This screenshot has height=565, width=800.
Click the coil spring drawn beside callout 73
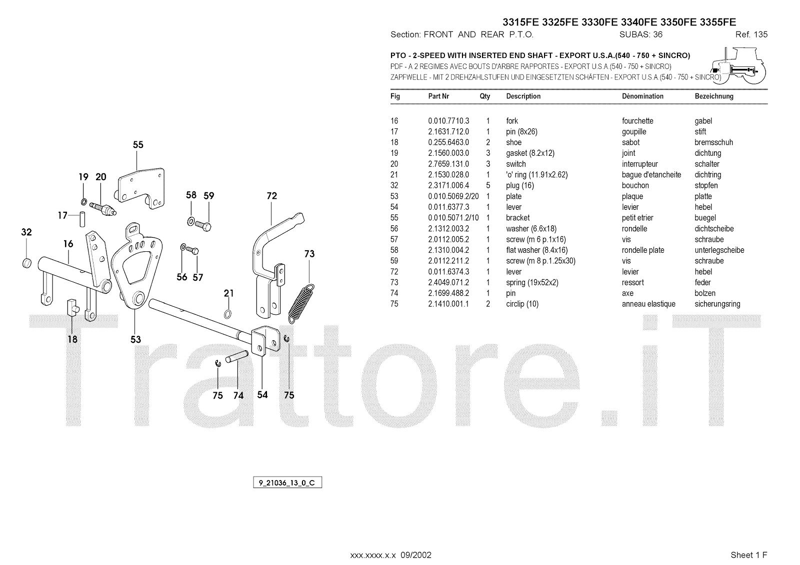coord(301,303)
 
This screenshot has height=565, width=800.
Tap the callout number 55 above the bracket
coord(138,145)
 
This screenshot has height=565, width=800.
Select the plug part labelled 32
coord(27,263)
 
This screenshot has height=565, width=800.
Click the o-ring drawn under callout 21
coord(228,314)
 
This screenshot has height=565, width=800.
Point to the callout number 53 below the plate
coord(135,340)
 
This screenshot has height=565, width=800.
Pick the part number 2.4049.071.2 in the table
coord(448,283)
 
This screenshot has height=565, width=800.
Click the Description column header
coord(523,96)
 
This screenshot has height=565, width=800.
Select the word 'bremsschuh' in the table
coord(713,142)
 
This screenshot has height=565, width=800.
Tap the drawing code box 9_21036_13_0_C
coord(287,483)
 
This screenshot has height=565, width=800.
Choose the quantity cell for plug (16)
coord(488,186)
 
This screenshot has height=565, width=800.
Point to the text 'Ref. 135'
coord(751,35)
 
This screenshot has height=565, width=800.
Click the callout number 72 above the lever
coord(271,196)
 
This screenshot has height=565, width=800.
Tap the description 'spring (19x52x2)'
coord(532,283)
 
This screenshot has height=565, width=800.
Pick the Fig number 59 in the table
coord(394,261)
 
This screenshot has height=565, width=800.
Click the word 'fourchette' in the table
coord(637,121)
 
